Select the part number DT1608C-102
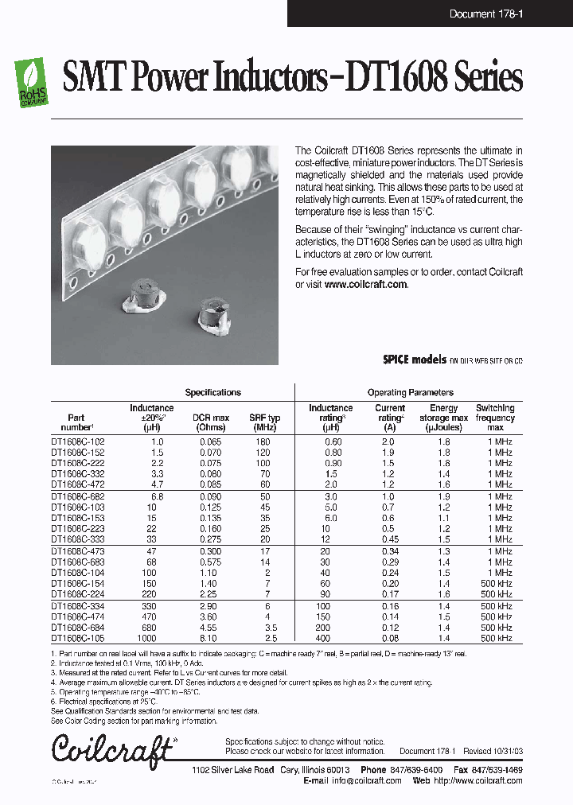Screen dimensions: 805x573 (x=78, y=441)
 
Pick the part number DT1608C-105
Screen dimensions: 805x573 (x=78, y=639)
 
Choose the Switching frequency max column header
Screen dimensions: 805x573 (x=495, y=418)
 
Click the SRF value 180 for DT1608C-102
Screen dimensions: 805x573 (x=263, y=441)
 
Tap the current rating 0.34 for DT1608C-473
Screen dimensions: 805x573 (x=390, y=550)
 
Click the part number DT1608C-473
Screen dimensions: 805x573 (x=78, y=550)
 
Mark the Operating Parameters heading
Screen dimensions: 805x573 (x=410, y=392)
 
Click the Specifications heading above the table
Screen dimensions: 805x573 (x=212, y=392)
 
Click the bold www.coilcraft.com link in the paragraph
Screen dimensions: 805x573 (x=365, y=284)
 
